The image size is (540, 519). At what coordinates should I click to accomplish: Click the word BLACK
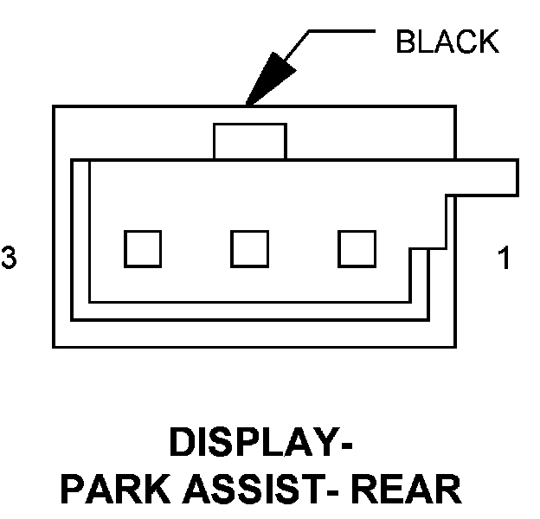pos(447,42)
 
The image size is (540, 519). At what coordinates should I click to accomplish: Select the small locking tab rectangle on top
pos(250,140)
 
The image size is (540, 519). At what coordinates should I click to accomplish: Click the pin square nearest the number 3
pos(143,248)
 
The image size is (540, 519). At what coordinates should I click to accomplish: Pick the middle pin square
pos(250,248)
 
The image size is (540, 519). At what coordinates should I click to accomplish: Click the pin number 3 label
pos(9,258)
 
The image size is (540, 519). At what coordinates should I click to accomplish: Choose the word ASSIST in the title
pos(260,490)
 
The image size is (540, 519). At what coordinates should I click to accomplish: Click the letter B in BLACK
pos(404,42)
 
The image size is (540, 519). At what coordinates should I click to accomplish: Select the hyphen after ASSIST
pos(341,492)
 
